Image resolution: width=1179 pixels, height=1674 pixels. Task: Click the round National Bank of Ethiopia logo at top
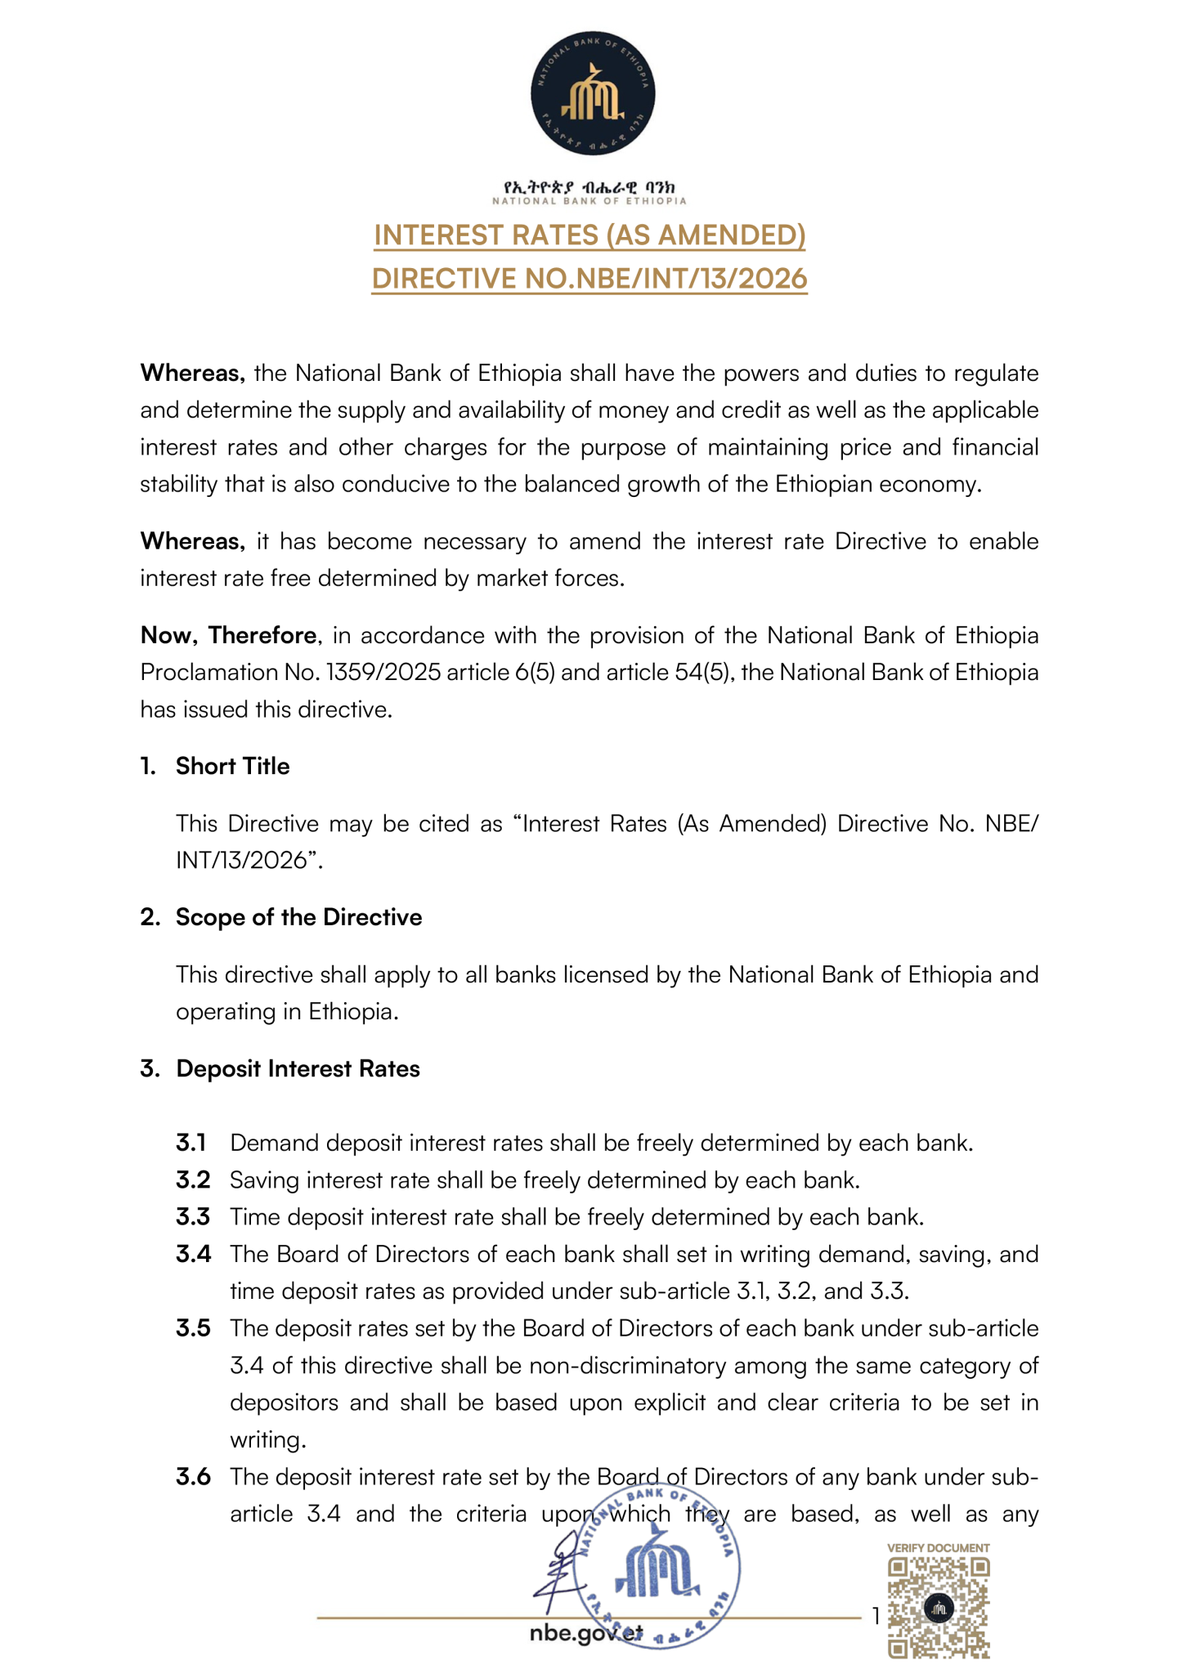(x=592, y=94)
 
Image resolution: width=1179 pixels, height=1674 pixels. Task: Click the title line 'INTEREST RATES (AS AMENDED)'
(x=589, y=235)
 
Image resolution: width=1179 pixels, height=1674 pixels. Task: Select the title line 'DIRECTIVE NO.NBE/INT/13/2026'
(x=589, y=279)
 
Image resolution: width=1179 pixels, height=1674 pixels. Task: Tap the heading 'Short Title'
(x=232, y=766)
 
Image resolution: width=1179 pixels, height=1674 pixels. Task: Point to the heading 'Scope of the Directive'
(x=298, y=917)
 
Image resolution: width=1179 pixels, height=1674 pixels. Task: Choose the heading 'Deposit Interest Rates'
(x=298, y=1068)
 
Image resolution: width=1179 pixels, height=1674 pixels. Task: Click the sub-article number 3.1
(x=191, y=1143)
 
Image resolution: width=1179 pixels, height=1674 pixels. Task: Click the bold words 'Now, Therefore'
(x=229, y=635)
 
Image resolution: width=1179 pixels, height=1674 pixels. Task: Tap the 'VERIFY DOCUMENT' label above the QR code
(x=939, y=1547)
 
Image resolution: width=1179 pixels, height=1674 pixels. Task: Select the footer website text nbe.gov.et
(x=585, y=1632)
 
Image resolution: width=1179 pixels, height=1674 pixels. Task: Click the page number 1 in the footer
(x=876, y=1616)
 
